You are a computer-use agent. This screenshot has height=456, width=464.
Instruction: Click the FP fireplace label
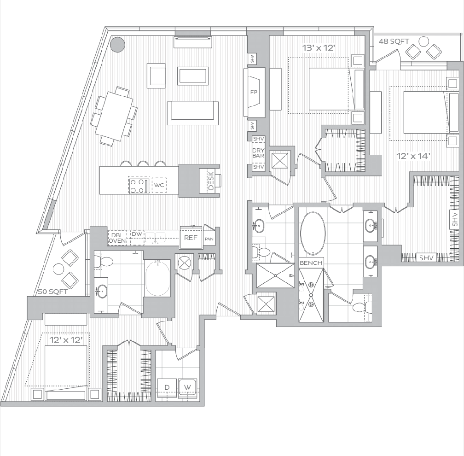253,92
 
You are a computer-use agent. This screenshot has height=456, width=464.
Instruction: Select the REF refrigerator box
191,238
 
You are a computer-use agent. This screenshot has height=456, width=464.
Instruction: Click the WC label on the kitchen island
159,185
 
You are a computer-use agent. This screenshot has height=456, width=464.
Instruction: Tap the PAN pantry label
209,239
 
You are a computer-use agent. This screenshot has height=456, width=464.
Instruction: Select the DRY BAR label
258,153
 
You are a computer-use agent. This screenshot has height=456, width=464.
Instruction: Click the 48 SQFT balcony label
394,41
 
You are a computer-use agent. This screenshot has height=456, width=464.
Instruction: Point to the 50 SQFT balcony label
52,292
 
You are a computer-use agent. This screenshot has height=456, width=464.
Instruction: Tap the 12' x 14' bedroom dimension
413,156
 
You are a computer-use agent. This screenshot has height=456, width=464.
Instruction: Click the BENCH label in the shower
311,263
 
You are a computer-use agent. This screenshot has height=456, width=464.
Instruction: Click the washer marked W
187,386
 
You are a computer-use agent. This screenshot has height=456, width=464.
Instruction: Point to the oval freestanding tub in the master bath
313,233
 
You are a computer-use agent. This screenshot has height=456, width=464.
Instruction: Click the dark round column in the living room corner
119,44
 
